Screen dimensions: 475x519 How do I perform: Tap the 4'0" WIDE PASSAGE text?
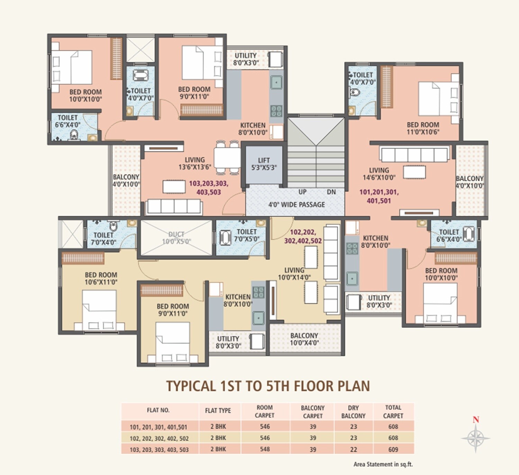(x=297, y=204)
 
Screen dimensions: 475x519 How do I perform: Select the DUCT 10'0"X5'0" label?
(x=176, y=238)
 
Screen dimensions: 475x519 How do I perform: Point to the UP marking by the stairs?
(x=302, y=192)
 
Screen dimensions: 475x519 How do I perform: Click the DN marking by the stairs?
(x=331, y=192)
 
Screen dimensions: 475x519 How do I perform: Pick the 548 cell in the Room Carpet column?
(x=265, y=449)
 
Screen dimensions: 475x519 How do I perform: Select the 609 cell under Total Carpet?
(x=393, y=449)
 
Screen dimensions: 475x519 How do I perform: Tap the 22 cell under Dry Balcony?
(x=353, y=449)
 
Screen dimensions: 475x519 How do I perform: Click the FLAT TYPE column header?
(x=218, y=411)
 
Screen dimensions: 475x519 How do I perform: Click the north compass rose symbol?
(x=475, y=438)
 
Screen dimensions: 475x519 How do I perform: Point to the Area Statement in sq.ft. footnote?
(x=383, y=464)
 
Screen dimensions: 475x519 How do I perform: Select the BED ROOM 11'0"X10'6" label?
(x=423, y=128)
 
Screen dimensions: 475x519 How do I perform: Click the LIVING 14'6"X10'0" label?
(x=379, y=174)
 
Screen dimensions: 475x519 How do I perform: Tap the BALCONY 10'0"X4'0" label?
(x=304, y=339)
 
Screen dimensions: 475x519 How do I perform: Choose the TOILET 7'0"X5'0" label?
(x=247, y=235)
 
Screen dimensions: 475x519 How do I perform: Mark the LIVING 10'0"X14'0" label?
(x=294, y=274)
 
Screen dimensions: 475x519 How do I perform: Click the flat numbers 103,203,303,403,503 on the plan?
(x=208, y=188)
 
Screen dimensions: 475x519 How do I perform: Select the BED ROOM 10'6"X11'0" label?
(x=101, y=278)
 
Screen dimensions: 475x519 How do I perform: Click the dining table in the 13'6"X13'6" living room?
(x=227, y=157)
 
